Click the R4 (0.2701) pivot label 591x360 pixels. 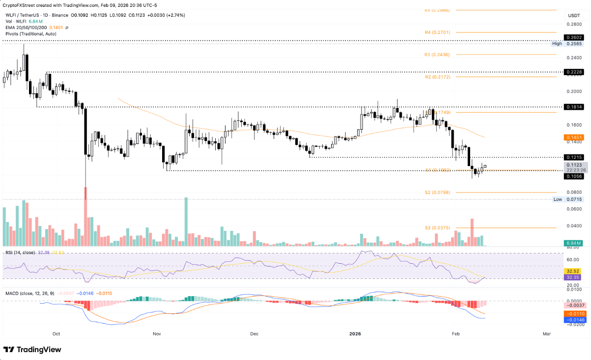pos(437,32)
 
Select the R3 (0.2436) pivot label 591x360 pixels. pos(437,55)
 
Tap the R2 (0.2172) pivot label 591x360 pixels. pos(437,77)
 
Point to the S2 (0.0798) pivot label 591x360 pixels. pos(437,193)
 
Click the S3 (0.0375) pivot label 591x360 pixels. pos(437,228)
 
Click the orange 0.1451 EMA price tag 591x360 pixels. pos(574,138)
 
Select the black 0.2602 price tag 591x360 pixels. pos(574,37)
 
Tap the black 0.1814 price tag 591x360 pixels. pos(574,107)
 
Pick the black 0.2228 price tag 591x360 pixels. pos(574,72)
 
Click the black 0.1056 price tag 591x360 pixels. pos(574,176)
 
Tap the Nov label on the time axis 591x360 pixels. pos(157,333)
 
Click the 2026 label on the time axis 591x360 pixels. pos(354,333)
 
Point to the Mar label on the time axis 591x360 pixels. pos(546,333)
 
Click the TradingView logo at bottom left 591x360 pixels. pos(32,350)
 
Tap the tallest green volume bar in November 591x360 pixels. pos(186,222)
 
